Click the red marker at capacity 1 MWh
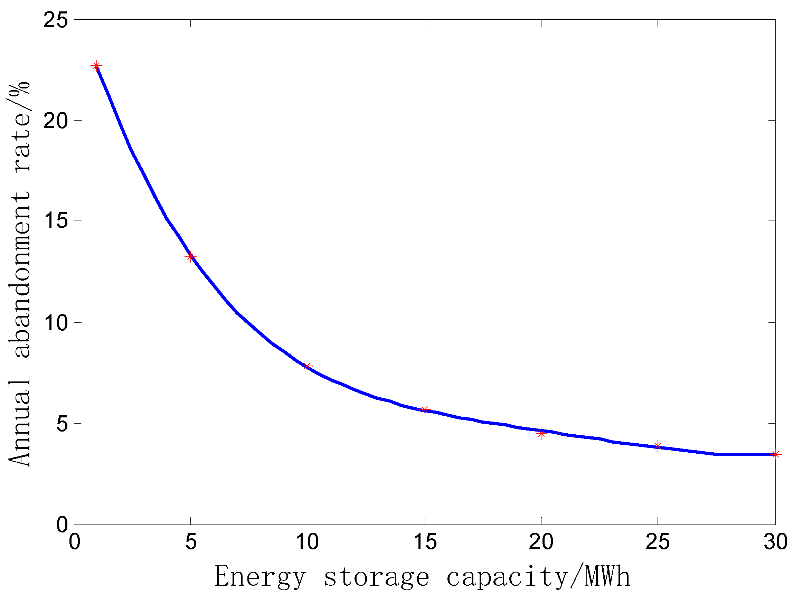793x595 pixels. [x=96, y=66]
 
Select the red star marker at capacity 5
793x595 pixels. [x=190, y=257]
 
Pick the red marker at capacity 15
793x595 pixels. [x=425, y=409]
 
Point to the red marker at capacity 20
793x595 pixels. [x=541, y=433]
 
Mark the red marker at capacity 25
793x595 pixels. [x=658, y=446]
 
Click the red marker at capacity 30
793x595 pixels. [x=775, y=454]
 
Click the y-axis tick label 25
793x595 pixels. [x=55, y=20]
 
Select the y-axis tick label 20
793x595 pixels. [x=55, y=121]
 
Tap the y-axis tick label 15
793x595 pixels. [x=55, y=220]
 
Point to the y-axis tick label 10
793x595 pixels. [x=55, y=323]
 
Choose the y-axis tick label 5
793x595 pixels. [x=62, y=424]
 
